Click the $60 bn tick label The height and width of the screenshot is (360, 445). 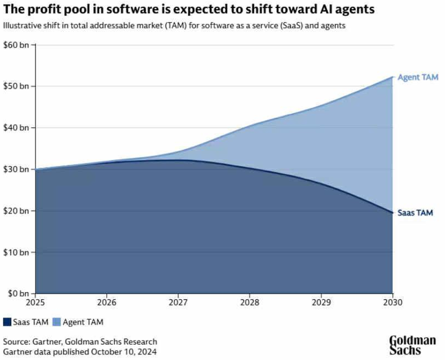point(17,45)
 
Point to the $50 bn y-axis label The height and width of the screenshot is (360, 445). point(17,86)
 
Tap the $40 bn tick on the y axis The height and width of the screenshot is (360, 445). point(17,127)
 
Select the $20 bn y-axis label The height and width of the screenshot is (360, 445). point(17,211)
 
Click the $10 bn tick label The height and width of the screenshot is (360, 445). point(17,252)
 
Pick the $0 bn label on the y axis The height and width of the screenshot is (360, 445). point(19,294)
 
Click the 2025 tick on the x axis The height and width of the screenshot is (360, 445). point(35,302)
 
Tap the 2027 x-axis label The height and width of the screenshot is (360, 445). point(178,302)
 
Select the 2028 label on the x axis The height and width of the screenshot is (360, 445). point(249,302)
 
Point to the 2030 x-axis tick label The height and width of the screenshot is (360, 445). point(392,302)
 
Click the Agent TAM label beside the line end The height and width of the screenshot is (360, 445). point(418,78)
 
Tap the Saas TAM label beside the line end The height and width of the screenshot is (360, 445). point(416,213)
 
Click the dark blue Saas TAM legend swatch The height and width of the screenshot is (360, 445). point(7,322)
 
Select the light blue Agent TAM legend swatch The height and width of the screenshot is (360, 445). point(56,322)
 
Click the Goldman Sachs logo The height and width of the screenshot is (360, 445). point(413,345)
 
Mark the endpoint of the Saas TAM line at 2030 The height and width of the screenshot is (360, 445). point(392,213)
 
